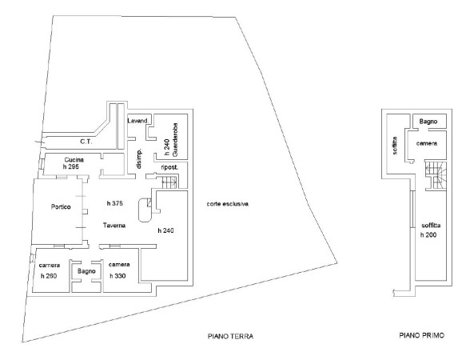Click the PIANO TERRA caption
(x=230, y=336)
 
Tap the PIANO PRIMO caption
(x=422, y=335)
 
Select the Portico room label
(x=61, y=207)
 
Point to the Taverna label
(x=114, y=226)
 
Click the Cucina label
(x=74, y=160)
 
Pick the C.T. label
(x=86, y=142)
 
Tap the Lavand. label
(x=138, y=121)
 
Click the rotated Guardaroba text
(x=175, y=139)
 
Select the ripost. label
(x=169, y=167)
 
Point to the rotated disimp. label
(x=139, y=159)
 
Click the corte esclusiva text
(x=228, y=204)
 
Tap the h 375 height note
(x=115, y=203)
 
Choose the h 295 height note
(x=71, y=166)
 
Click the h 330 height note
(x=118, y=276)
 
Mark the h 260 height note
(x=49, y=276)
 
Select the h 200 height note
(x=428, y=235)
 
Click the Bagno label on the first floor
(x=428, y=122)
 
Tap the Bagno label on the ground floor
(x=86, y=271)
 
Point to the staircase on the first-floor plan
(x=436, y=176)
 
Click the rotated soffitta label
(x=395, y=146)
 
